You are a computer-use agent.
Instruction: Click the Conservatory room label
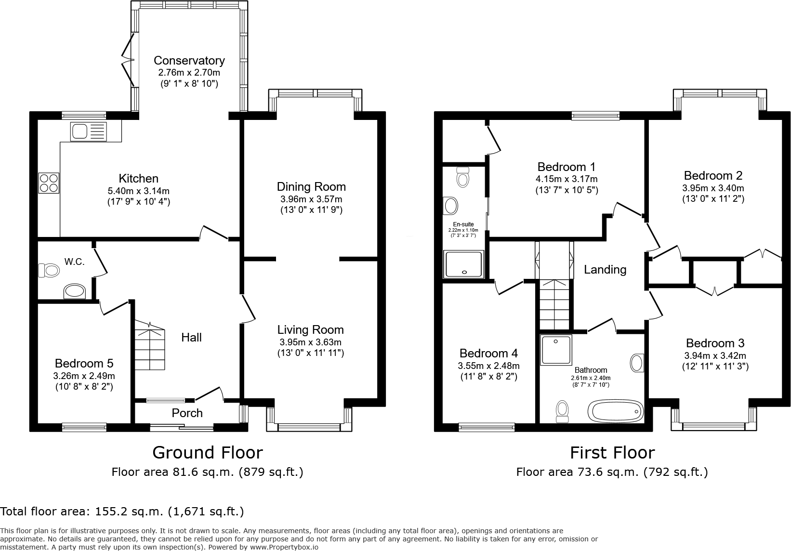pos(189,60)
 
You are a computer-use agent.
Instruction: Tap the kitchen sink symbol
pos(88,131)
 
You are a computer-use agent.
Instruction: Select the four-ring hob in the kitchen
pos(49,183)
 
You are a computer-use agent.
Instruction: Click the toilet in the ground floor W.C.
pos(49,270)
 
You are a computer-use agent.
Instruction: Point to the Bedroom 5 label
pos(84,363)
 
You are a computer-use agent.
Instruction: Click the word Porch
pos(187,413)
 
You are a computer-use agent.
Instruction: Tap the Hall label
pos(191,338)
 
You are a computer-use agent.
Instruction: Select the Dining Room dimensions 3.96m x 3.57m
pos(311,199)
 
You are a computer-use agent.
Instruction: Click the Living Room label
pos(310,330)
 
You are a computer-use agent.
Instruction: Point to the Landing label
pos(605,270)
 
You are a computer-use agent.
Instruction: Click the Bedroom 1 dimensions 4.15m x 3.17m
pos(567,179)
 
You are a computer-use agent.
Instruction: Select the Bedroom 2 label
pos(713,175)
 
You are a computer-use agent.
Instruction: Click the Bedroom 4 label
pos(488,354)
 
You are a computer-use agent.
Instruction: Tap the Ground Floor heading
pos(207,453)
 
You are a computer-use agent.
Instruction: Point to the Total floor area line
pos(122,511)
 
